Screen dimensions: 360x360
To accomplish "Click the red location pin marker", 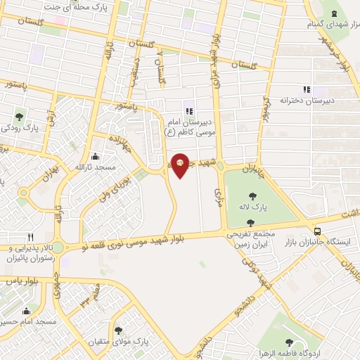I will pos(181,165).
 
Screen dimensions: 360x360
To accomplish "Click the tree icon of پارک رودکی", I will pos(18,117).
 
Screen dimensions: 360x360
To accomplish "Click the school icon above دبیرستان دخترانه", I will pos(306,89).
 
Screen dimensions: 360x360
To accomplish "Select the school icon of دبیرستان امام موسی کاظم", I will pos(188,110).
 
